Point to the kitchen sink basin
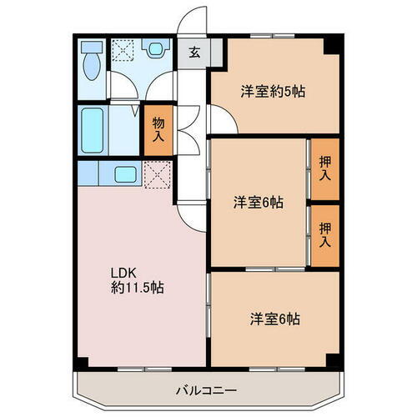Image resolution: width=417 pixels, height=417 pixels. pos(126,174)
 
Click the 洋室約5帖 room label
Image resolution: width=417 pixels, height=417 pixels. pos(274,92)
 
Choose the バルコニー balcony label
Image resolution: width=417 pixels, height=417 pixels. pos(206,389)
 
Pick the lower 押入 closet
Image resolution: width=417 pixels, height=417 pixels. pos(325,234)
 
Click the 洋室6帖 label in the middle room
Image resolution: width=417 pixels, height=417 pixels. pos(257,202)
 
